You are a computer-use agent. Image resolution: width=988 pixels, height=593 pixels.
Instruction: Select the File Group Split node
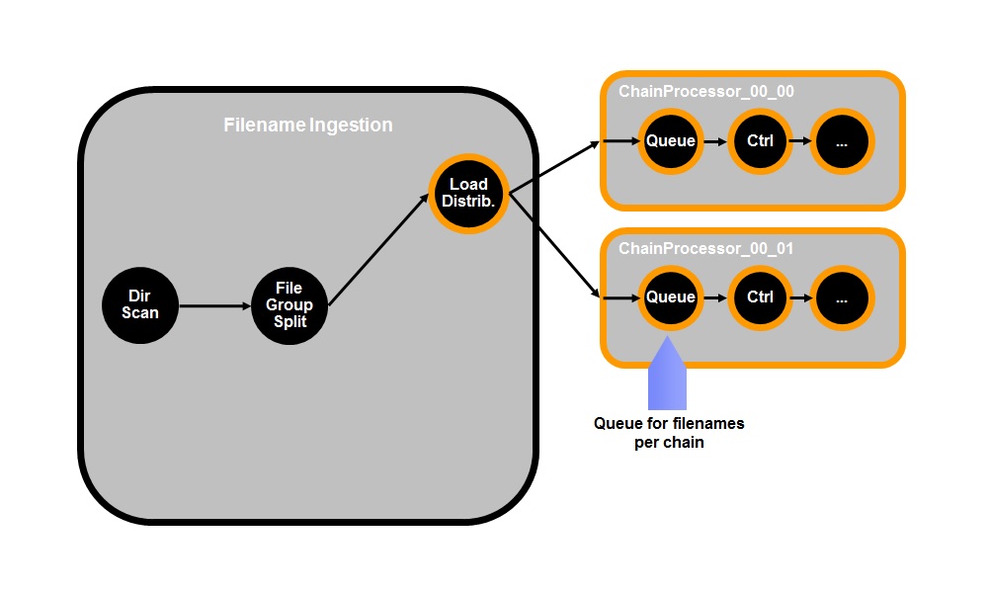coord(289,304)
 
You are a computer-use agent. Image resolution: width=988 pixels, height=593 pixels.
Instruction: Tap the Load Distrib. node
coord(469,193)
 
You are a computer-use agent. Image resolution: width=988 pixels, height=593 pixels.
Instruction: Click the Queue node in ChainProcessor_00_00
coord(671,140)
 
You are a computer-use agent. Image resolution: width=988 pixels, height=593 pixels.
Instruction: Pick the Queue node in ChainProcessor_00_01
coord(671,296)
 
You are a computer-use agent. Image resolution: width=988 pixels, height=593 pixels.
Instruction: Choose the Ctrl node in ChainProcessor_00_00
coord(760,140)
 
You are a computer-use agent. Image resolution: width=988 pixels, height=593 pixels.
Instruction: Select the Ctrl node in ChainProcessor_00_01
coord(760,296)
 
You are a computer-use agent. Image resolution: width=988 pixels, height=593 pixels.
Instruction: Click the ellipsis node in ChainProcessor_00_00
coord(842,140)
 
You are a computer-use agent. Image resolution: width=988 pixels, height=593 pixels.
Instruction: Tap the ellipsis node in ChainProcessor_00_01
coord(842,296)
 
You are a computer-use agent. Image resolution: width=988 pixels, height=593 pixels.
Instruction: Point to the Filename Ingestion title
coord(307,126)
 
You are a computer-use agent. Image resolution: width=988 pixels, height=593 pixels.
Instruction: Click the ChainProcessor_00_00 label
coord(706,92)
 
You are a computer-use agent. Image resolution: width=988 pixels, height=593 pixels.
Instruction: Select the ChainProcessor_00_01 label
coord(706,248)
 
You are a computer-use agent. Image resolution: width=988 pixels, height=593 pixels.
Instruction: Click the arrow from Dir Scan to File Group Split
coord(216,305)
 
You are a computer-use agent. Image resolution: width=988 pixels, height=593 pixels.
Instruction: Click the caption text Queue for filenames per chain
coord(669,433)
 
